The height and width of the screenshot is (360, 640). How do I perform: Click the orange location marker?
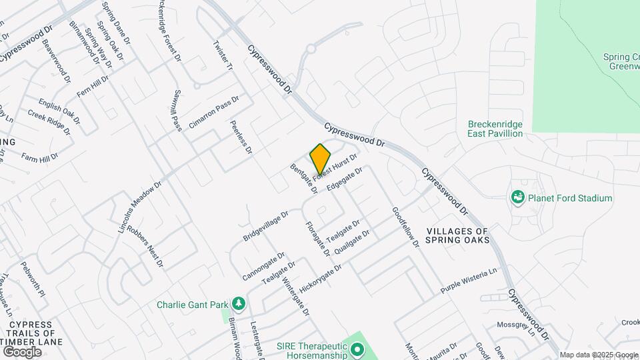click(320, 159)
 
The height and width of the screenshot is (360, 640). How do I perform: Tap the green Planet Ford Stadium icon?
click(517, 197)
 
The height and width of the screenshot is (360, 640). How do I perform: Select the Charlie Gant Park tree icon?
click(239, 305)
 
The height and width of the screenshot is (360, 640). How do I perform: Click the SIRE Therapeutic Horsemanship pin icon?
click(357, 349)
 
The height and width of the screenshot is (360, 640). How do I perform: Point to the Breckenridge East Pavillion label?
click(495, 129)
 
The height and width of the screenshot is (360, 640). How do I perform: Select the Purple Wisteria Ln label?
click(469, 281)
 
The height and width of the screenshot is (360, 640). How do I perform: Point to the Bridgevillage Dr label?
click(265, 227)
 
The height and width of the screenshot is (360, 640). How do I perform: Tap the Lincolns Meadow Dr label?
click(140, 208)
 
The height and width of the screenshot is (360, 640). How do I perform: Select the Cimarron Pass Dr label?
click(213, 112)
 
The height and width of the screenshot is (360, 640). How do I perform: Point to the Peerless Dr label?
click(241, 137)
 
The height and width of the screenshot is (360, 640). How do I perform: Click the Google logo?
click(22, 351)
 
